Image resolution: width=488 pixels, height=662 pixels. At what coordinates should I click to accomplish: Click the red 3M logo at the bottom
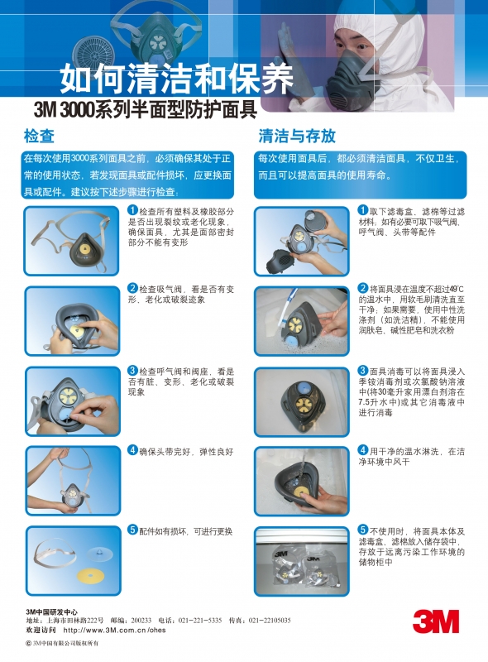[436, 621]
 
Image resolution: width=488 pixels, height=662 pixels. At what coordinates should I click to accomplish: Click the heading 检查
[39, 136]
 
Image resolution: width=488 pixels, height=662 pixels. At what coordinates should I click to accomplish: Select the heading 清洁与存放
[297, 136]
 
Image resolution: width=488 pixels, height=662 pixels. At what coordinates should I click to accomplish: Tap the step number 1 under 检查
[133, 210]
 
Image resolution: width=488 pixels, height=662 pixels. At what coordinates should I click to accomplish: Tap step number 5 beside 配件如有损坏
[133, 530]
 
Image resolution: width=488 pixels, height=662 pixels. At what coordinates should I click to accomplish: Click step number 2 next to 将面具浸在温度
[363, 288]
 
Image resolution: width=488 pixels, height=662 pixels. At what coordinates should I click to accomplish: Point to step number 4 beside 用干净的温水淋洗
[363, 450]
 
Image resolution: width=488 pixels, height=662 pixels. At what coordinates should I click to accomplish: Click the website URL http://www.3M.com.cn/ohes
[114, 631]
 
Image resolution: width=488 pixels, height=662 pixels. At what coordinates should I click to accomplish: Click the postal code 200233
[141, 620]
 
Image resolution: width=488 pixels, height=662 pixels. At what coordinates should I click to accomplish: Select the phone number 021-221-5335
[200, 620]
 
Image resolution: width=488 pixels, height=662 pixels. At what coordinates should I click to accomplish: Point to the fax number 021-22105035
[270, 620]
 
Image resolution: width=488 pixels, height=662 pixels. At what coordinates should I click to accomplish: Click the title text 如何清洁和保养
[176, 79]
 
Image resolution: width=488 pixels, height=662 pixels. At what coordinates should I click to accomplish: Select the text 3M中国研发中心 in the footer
[52, 612]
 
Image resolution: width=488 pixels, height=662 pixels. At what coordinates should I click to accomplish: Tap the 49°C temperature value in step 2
[457, 289]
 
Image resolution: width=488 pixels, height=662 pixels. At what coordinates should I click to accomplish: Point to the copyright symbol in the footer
[29, 644]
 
